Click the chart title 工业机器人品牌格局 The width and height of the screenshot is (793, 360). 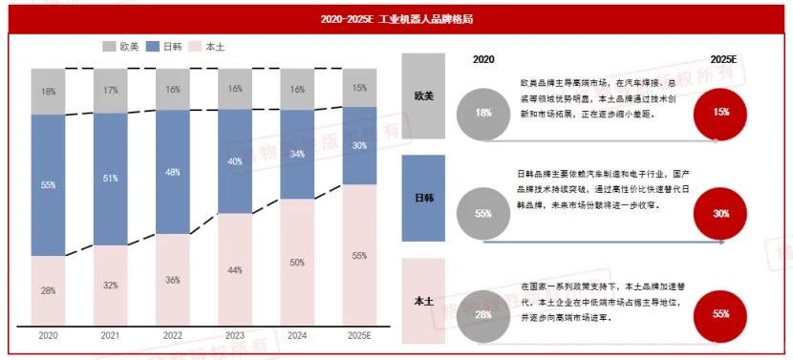tap(396, 18)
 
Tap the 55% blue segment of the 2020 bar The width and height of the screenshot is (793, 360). tap(48, 185)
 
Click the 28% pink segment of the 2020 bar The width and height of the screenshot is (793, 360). tap(48, 290)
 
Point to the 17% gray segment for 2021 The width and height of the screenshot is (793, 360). tap(110, 91)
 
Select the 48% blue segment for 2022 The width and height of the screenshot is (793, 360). tap(172, 172)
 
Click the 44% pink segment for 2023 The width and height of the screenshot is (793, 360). tap(235, 270)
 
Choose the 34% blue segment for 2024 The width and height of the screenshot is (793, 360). tap(297, 155)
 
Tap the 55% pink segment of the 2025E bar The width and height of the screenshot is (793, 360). tap(359, 255)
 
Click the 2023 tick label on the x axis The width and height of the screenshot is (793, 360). tap(235, 336)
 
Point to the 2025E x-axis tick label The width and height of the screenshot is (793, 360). tap(359, 336)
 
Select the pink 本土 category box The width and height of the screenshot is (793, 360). tap(423, 301)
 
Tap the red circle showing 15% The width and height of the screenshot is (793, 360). tap(720, 112)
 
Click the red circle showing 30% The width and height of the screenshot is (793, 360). tap(720, 213)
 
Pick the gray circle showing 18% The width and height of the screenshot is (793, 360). tap(482, 113)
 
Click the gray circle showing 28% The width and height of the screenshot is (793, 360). tap(482, 314)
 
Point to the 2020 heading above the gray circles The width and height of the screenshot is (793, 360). tap(484, 59)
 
